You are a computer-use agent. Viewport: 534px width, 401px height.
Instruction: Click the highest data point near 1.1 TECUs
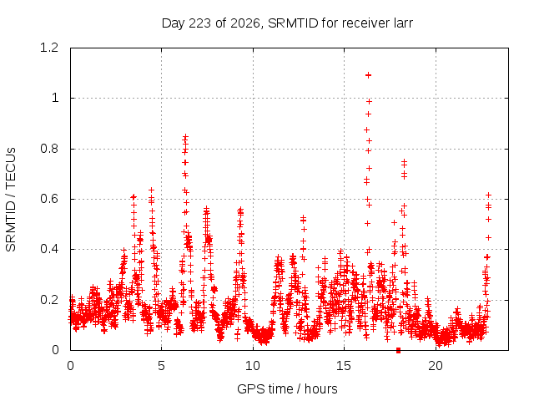[368, 75]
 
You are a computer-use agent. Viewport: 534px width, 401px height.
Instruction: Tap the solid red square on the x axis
[398, 350]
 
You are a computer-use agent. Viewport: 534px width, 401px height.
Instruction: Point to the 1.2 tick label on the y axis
[49, 48]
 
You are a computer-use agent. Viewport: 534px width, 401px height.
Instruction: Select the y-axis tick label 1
[55, 99]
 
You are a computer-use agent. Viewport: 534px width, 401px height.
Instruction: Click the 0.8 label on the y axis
[49, 149]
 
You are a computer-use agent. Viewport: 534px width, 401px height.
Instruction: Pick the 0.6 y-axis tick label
[49, 199]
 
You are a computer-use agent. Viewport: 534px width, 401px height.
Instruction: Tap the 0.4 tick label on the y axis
[49, 249]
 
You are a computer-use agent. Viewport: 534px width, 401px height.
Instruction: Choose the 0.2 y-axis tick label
[49, 300]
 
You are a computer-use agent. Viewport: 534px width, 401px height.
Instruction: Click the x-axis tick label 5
[161, 366]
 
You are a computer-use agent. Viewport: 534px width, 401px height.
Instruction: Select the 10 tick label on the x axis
[253, 366]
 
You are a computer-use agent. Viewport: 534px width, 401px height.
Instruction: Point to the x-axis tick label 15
[344, 366]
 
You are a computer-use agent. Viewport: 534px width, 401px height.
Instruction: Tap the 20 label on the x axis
[436, 366]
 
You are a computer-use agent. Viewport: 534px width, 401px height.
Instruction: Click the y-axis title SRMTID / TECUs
[11, 200]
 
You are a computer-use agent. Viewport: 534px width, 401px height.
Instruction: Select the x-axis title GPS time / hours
[287, 389]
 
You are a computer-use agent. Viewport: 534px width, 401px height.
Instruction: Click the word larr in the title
[403, 23]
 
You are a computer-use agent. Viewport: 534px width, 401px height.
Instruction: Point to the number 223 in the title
[199, 23]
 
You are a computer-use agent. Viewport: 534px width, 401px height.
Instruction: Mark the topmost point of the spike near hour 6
[185, 137]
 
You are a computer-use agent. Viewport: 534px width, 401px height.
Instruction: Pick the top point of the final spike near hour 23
[488, 195]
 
